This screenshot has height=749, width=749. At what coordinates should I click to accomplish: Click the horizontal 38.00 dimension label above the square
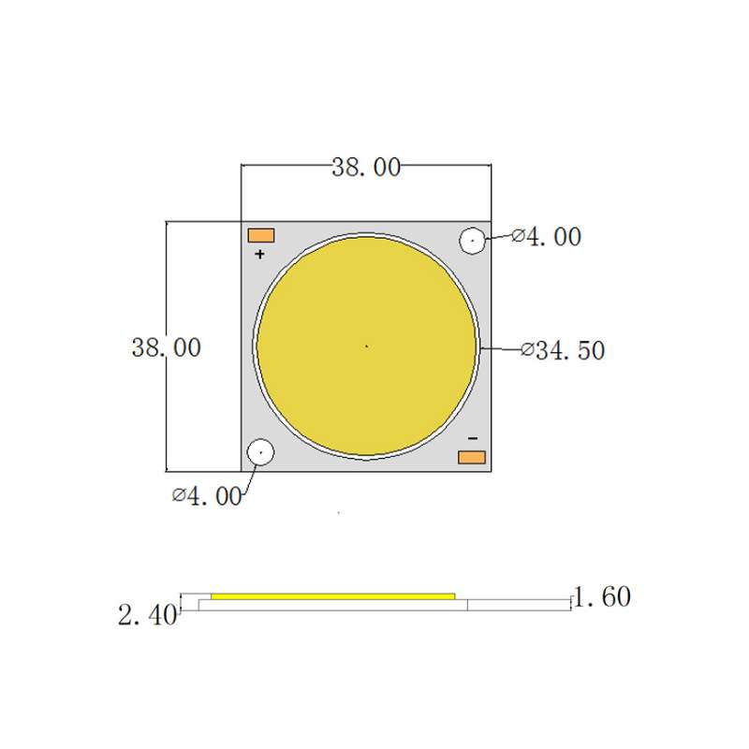[x=366, y=168]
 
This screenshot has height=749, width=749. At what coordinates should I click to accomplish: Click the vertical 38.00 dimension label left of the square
[x=167, y=347]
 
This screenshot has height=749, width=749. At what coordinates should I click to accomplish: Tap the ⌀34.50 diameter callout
[x=563, y=350]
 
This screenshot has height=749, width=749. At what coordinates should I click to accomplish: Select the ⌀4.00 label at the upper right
[x=547, y=237]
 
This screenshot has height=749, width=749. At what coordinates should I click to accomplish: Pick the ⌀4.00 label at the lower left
[x=207, y=496]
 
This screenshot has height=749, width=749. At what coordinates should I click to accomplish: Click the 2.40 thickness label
[x=147, y=615]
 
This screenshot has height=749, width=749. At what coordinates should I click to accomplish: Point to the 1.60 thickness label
[x=602, y=597]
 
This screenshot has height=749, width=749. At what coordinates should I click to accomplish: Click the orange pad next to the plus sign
[x=261, y=236]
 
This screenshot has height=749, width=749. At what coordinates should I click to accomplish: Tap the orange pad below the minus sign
[x=472, y=457]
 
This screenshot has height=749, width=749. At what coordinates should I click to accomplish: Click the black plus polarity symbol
[x=259, y=254]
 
